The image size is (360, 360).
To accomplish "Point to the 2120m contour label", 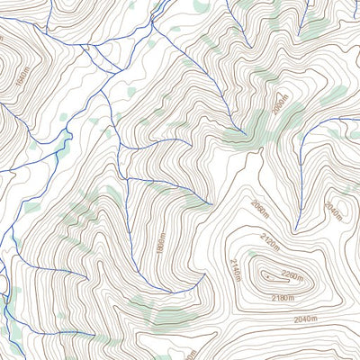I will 269,240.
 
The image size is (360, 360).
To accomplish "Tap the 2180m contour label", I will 283,298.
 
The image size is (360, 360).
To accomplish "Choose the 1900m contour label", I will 160,246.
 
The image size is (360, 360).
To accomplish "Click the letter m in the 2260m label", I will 306,275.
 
